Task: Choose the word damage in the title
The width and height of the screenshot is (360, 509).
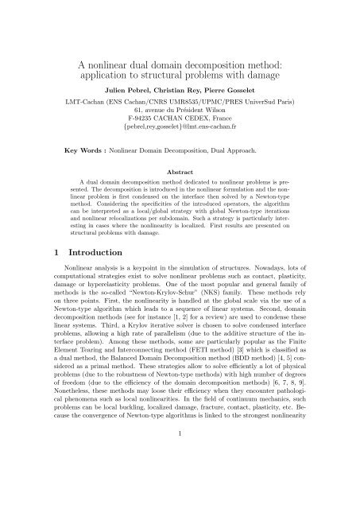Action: point(266,62)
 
